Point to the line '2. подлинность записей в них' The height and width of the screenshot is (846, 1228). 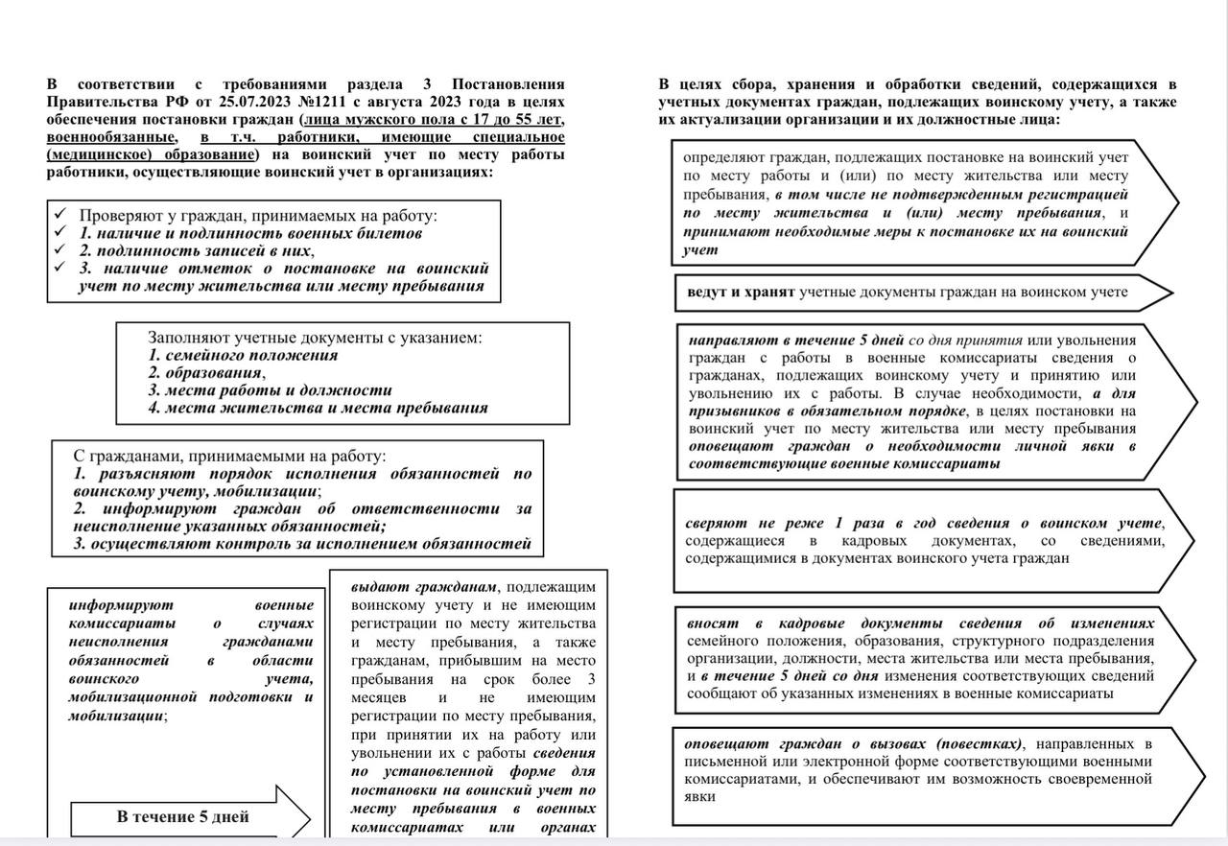196,250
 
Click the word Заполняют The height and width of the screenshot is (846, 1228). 188,338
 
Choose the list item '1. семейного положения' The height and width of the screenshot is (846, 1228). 243,355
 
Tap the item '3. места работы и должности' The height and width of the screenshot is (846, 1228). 270,389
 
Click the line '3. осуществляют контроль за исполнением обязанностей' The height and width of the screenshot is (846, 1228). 302,543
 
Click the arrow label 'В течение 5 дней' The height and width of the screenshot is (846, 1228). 182,817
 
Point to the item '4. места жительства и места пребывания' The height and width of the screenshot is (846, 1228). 318,407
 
